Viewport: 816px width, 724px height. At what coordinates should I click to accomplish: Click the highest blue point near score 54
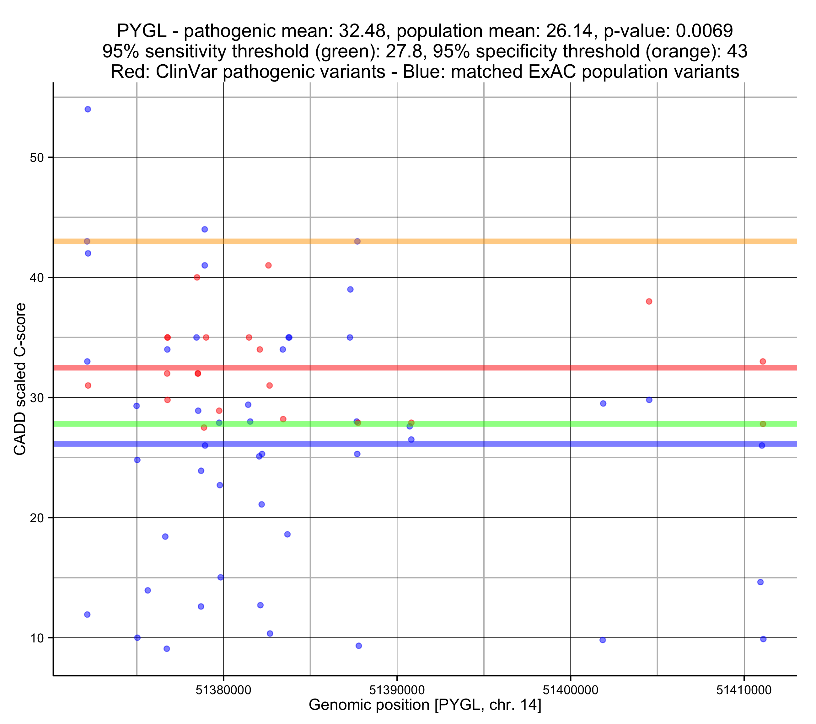[x=88, y=109]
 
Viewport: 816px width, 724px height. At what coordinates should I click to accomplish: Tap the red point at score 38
[x=649, y=301]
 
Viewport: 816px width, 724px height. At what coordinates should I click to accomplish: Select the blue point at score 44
[x=205, y=229]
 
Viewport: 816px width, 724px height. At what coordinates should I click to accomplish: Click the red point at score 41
[x=269, y=265]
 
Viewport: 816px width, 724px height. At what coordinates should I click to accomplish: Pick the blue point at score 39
[x=351, y=289]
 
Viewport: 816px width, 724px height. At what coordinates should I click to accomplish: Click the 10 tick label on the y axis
[x=36, y=638]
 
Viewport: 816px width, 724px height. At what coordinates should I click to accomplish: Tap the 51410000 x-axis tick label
[x=744, y=690]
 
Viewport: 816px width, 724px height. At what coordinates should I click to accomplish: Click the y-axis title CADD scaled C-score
[x=20, y=379]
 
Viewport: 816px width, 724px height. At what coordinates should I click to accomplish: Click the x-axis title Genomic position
[x=425, y=705]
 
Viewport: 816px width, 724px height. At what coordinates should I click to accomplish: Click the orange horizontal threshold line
[x=519, y=242]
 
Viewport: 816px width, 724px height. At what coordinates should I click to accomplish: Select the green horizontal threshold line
[x=519, y=424]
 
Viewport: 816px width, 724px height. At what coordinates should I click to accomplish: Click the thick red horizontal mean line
[x=519, y=368]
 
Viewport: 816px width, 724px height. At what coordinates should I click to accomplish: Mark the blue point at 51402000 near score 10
[x=603, y=640]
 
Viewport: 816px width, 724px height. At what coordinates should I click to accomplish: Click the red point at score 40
[x=197, y=277]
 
